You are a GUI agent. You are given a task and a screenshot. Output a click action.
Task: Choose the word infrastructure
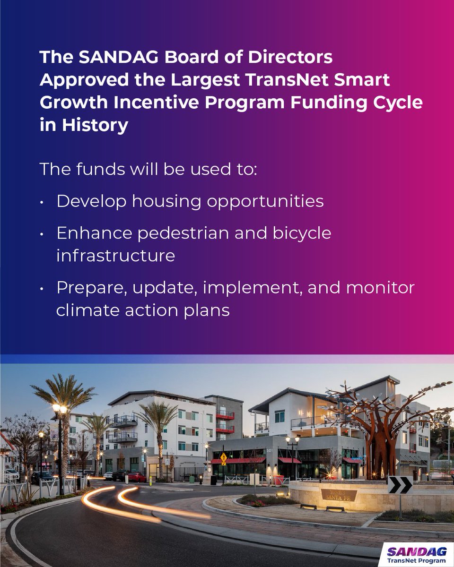point(115,255)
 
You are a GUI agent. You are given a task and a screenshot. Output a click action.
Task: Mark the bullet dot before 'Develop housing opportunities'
point(43,202)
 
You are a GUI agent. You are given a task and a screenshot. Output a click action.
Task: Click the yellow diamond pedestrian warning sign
point(223,457)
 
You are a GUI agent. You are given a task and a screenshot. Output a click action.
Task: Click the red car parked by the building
point(137,477)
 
